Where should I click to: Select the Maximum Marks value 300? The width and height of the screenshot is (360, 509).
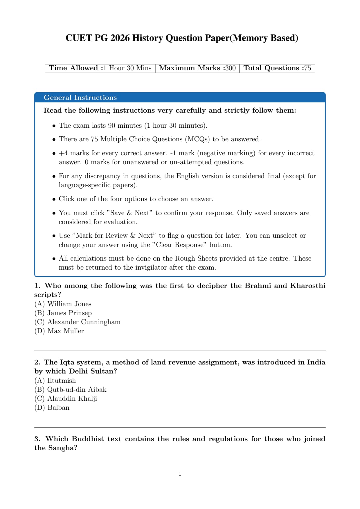[x=231, y=68]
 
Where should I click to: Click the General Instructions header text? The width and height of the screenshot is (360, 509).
[x=80, y=98]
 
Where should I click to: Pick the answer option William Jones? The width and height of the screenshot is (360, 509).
[x=69, y=304]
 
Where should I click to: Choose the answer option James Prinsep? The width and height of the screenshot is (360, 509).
[x=69, y=313]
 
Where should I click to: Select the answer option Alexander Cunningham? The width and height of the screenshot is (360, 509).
[x=84, y=322]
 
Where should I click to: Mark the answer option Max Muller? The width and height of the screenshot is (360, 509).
[x=65, y=331]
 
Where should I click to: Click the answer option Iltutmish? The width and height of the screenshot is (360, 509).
[x=61, y=380]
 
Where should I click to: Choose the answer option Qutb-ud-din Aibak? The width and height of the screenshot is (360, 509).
[x=77, y=389]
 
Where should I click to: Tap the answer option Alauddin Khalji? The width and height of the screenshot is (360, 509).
[x=72, y=398]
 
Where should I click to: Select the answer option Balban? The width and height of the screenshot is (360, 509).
[x=58, y=407]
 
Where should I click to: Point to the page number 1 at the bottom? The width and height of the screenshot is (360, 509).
[x=180, y=474]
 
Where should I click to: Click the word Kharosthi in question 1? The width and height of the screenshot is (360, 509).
[x=308, y=286]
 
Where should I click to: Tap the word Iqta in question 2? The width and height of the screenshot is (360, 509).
[x=67, y=362]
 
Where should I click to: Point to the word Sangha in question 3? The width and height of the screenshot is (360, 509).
[x=62, y=448]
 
